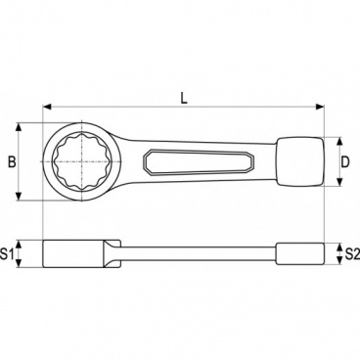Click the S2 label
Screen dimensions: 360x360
coord(350,253)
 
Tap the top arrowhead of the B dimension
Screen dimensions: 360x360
coord(18,127)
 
